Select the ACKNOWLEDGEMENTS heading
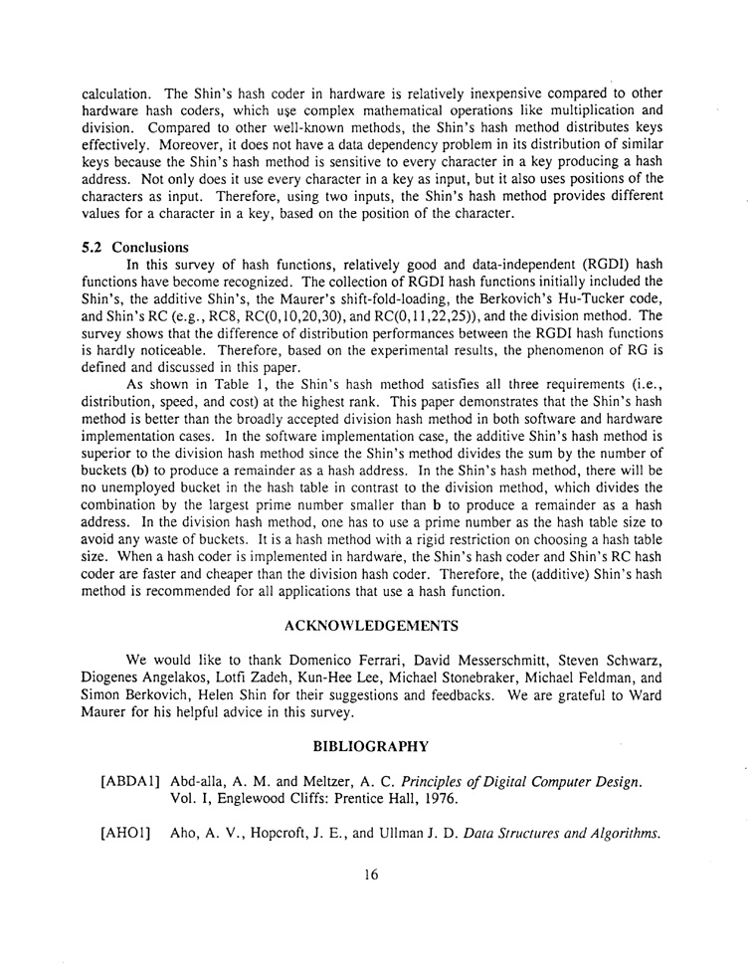pyautogui.click(x=371, y=626)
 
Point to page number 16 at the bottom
pyautogui.click(x=371, y=875)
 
